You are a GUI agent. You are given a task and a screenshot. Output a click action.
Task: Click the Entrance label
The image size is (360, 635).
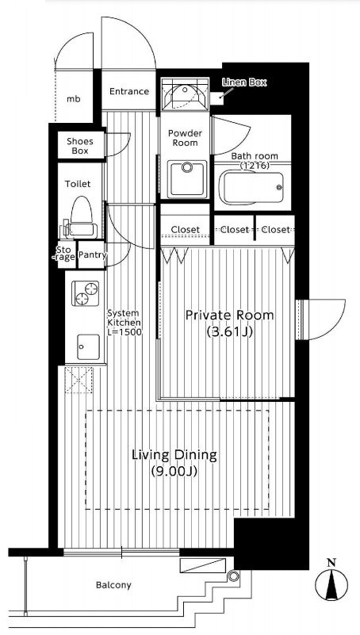tap(129, 91)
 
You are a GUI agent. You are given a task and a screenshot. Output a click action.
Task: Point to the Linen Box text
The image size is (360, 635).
tap(244, 82)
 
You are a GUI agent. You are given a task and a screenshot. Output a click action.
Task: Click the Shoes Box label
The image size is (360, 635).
tap(80, 146)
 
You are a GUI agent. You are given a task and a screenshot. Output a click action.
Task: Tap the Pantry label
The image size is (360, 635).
tap(92, 255)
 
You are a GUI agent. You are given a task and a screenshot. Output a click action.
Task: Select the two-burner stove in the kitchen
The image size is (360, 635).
tap(86, 293)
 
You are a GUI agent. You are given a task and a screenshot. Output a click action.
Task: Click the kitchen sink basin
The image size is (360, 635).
tap(88, 346)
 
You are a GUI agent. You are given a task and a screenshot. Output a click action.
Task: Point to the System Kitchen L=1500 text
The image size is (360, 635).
tap(124, 323)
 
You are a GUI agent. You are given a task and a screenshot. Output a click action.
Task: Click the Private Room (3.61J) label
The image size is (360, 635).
tap(230, 323)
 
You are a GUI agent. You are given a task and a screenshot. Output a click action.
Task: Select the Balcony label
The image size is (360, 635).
tap(113, 585)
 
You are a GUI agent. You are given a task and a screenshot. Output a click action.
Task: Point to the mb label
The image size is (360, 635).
tap(73, 99)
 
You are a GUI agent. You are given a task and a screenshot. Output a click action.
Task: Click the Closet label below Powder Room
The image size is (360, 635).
tap(185, 230)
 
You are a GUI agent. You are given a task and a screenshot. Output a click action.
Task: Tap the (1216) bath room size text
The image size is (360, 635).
tap(255, 165)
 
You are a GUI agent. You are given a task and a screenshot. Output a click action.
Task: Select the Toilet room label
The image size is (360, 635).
tap(78, 184)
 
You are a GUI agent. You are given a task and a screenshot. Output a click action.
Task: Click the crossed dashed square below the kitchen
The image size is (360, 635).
tap(79, 380)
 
